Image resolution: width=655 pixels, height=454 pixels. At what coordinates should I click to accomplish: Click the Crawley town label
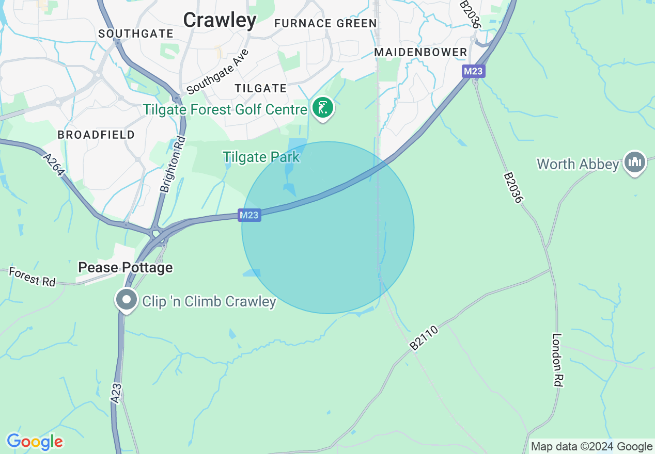coord(220,20)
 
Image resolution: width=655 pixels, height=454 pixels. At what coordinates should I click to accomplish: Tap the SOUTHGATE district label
coord(136,34)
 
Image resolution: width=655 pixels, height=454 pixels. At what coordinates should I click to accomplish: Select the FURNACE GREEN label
coord(325,23)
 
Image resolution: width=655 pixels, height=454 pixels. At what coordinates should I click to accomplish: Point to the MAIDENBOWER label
coord(420,52)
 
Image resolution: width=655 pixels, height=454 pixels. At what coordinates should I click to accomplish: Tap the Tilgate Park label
coord(261,157)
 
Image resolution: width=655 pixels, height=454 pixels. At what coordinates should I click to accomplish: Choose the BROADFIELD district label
coord(96,135)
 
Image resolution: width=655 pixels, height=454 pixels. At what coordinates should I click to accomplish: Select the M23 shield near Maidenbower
coord(473,71)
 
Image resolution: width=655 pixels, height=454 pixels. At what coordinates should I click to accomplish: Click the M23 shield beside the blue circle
coord(249,215)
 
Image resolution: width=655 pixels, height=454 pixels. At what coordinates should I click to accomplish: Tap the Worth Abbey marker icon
coord(635,163)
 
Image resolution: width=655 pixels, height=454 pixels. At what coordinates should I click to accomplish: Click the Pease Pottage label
coord(125,267)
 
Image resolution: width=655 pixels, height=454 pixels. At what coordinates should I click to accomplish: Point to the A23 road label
coord(117,393)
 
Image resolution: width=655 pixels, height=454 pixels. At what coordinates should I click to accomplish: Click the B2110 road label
coord(424,338)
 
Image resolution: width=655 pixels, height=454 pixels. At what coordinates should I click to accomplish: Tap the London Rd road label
coord(557,360)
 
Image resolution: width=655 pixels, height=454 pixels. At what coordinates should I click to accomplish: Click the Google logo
coord(35,442)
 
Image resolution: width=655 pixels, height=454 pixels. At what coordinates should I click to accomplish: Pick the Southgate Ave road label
coord(217,72)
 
